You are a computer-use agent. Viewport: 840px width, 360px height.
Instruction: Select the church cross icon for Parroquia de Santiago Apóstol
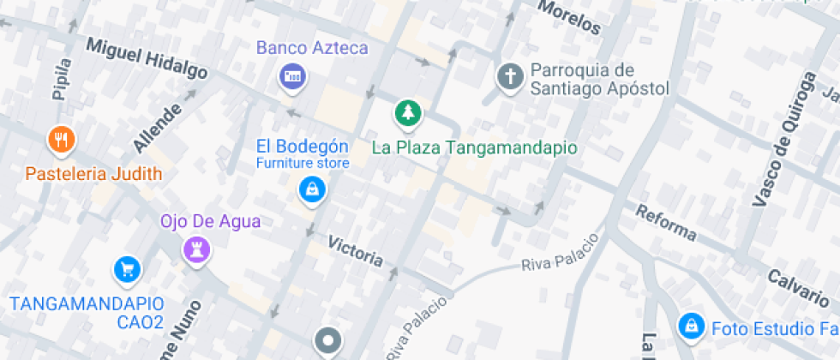pos(511,77)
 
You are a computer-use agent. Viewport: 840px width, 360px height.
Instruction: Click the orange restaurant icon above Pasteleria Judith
pos(60,139)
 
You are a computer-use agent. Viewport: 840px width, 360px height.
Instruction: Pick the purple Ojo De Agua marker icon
pos(197,249)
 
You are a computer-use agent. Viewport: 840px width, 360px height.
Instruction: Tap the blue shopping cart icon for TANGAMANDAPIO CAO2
pos(127,270)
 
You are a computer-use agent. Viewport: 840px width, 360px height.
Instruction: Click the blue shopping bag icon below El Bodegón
pos(311,189)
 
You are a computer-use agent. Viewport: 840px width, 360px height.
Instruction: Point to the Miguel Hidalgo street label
pos(147,59)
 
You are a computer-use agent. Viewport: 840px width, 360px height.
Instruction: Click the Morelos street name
pos(569,18)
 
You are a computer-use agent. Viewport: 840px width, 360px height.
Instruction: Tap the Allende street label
pos(159,128)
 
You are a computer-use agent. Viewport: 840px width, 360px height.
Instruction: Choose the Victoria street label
pos(356,250)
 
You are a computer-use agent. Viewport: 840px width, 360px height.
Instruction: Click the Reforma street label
pos(665,223)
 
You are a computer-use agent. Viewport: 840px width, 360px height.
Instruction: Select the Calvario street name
pos(798,287)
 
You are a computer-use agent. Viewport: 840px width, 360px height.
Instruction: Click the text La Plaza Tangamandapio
pos(474,147)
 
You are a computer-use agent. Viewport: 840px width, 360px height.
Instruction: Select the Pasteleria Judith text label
pos(93,174)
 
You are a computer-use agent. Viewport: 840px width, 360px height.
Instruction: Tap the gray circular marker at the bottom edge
pos(327,341)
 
